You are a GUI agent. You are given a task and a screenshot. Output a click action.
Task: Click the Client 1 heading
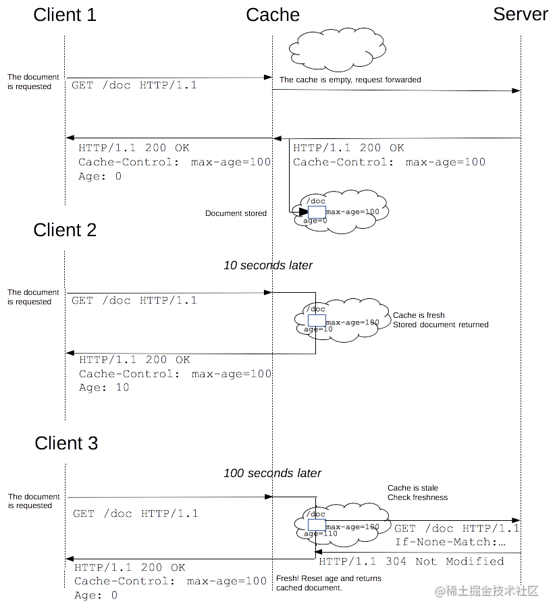(65, 15)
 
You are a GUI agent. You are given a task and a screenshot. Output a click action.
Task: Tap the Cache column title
(273, 15)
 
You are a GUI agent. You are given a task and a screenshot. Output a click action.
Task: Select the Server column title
(520, 14)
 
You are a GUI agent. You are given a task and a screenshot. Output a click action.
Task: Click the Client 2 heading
(65, 230)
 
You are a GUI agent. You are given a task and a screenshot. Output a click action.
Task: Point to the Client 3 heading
(66, 443)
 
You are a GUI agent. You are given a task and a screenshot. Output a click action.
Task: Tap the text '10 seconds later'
(268, 265)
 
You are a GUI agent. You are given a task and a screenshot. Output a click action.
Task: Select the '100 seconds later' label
(272, 473)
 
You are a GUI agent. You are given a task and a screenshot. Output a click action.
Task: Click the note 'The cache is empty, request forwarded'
(350, 80)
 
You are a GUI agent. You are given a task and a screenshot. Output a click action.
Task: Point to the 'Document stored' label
(236, 213)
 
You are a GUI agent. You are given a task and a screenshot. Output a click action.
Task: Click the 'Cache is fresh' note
(419, 315)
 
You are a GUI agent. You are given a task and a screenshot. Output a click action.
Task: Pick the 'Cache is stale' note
(413, 488)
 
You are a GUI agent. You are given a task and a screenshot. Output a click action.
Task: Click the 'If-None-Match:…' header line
(450, 542)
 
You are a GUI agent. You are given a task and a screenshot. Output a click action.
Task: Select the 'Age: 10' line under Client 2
(104, 387)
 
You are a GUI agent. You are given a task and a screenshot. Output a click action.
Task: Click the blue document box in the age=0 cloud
(317, 212)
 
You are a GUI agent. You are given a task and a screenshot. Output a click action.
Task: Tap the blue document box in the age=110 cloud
(317, 525)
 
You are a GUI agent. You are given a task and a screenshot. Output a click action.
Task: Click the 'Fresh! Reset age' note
(328, 583)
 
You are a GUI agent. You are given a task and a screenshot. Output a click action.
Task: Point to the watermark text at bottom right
(486, 591)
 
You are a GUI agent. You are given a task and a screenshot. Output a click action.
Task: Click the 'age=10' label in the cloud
(318, 329)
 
